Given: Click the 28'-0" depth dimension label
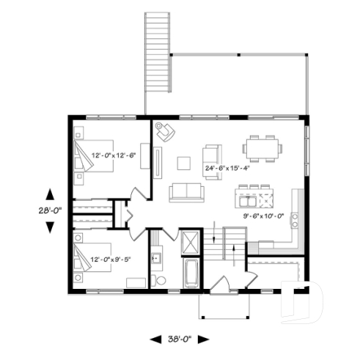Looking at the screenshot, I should point(49,210).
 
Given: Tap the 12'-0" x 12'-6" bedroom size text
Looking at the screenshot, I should point(113,155).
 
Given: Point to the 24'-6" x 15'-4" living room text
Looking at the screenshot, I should point(227,167).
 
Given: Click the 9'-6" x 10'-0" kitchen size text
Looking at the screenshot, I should point(263,216).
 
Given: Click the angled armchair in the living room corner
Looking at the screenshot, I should point(166,132).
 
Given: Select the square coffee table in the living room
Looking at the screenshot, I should point(184,162).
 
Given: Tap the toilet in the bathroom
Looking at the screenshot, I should point(160,279).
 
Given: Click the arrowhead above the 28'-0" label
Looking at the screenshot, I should point(49,194).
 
